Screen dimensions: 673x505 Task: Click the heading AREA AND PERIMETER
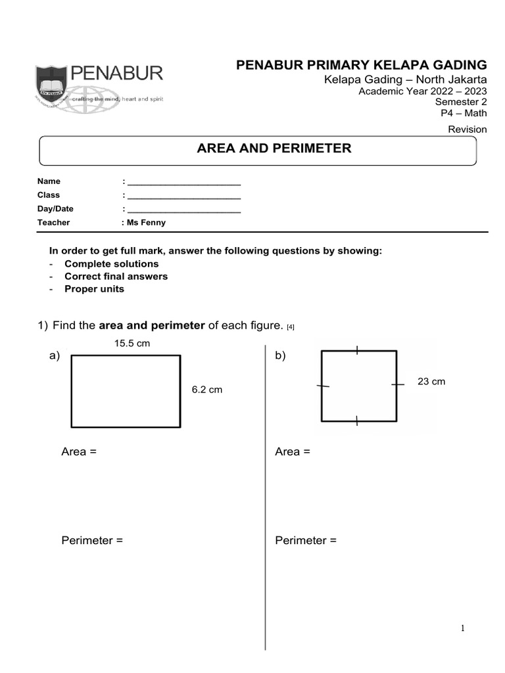(274, 149)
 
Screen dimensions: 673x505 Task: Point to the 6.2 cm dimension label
(206, 390)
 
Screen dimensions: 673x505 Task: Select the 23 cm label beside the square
(431, 381)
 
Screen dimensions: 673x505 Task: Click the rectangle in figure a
(126, 391)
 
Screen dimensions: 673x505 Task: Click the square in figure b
(358, 386)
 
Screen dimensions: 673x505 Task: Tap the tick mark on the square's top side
(356, 350)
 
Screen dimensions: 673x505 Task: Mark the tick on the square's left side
(322, 386)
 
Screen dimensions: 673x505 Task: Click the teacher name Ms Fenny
(147, 222)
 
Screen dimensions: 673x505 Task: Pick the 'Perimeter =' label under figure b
(306, 540)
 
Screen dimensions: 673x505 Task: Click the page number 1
(463, 628)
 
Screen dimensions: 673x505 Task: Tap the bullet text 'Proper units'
(94, 289)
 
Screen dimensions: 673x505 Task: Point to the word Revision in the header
(467, 129)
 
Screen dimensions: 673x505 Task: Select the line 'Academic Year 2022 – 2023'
(422, 91)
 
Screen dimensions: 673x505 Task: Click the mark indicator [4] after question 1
(291, 327)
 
